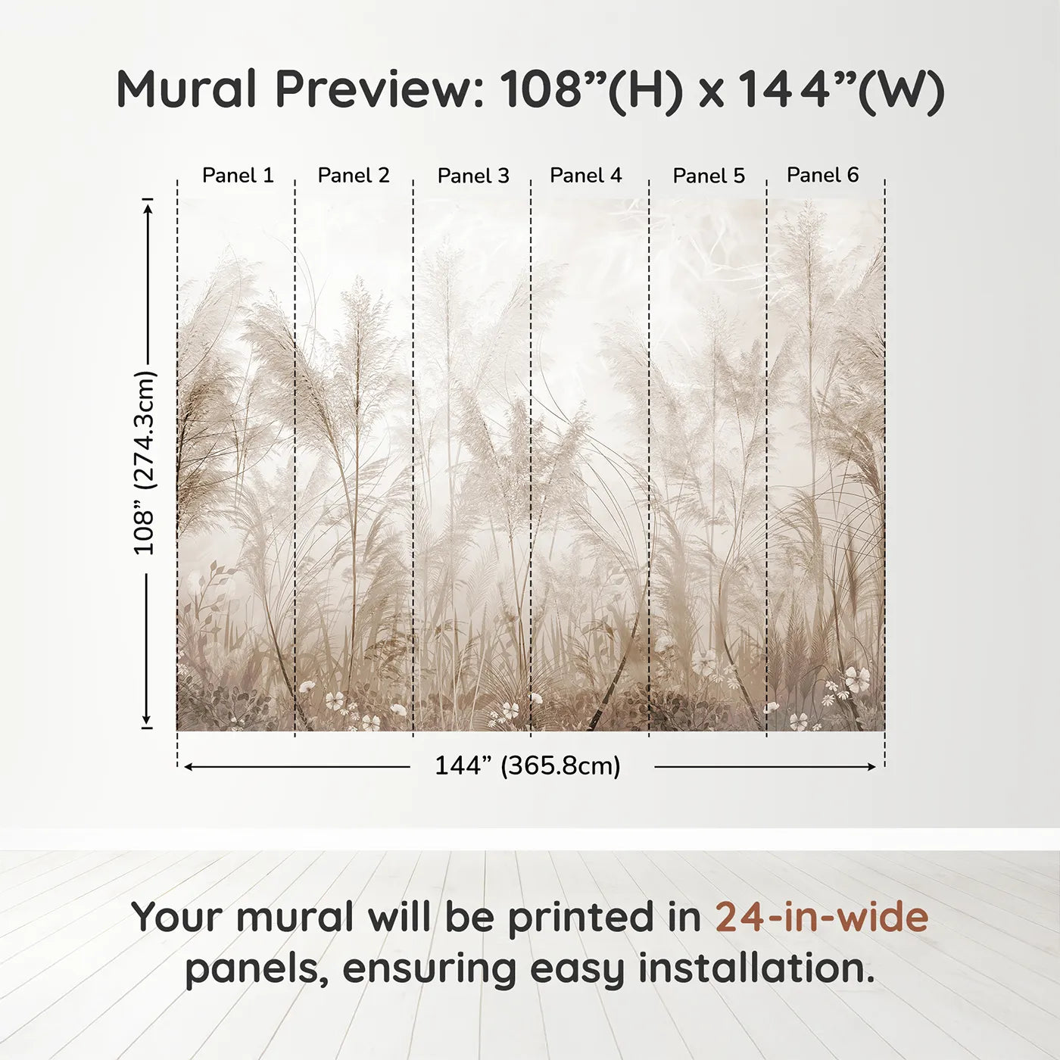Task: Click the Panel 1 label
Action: click(238, 176)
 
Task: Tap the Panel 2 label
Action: click(354, 176)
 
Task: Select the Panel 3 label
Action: click(473, 176)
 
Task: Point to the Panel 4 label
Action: click(585, 176)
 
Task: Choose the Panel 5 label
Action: click(709, 176)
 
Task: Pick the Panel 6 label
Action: click(822, 175)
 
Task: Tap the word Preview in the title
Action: click(379, 89)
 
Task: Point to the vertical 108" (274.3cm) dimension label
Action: click(145, 463)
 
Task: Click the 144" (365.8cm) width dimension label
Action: click(527, 766)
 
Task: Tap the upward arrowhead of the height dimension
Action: click(148, 207)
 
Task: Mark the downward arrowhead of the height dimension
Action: click(147, 720)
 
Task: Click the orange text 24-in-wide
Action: click(821, 917)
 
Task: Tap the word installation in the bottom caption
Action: click(756, 968)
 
